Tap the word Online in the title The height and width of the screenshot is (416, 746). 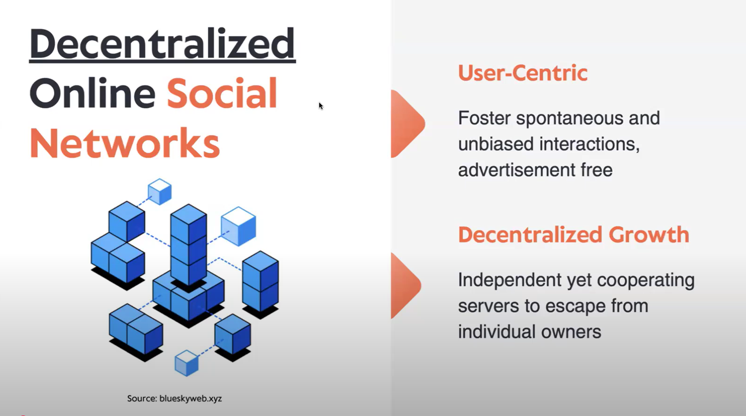(x=93, y=93)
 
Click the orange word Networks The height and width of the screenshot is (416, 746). (x=125, y=143)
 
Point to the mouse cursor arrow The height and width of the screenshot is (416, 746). (x=321, y=106)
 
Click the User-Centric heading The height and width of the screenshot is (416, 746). (x=523, y=73)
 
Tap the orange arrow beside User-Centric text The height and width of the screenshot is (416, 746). (x=408, y=124)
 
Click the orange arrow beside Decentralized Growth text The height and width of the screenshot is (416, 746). (x=406, y=286)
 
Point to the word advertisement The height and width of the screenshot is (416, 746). (x=517, y=170)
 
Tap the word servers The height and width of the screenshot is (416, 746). (x=488, y=306)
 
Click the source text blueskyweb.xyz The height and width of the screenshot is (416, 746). (x=190, y=398)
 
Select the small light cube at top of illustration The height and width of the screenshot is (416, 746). (x=160, y=192)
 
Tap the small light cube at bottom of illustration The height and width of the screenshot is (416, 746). (x=187, y=363)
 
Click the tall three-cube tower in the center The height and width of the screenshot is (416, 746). (x=189, y=245)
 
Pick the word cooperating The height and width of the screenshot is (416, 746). (x=646, y=280)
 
